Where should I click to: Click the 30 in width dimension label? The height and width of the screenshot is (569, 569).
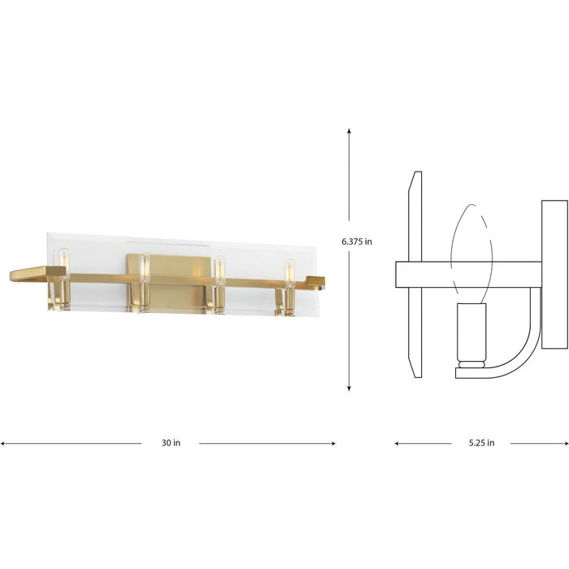click(x=171, y=443)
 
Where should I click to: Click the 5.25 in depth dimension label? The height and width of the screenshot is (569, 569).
click(x=480, y=443)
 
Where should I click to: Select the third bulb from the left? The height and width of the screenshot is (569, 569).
click(x=219, y=270)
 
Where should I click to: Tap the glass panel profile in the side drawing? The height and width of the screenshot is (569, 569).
click(x=415, y=274)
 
